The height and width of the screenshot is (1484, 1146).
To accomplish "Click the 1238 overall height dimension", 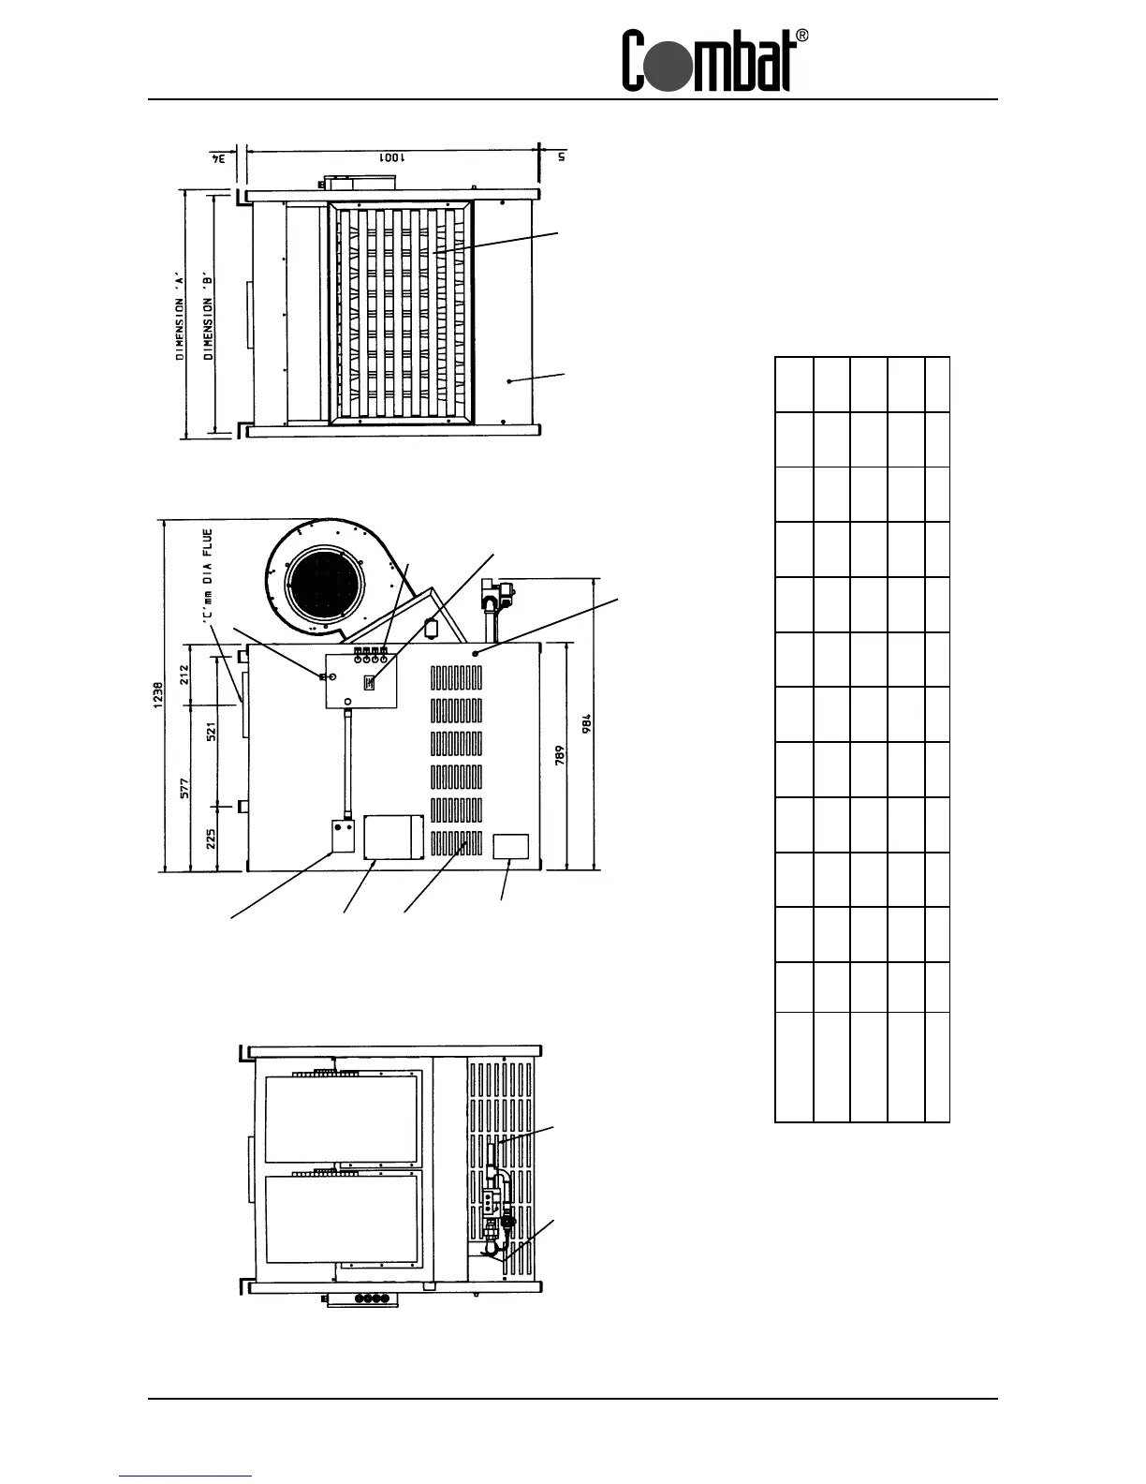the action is click(159, 694).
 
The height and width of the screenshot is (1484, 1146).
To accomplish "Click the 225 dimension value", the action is click(211, 837).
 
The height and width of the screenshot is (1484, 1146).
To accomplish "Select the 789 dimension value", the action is click(558, 755).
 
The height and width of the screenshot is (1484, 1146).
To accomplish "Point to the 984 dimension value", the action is click(587, 724).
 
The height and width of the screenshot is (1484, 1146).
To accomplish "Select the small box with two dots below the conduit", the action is click(342, 836).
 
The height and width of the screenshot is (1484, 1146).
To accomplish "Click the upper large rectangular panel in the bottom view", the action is click(341, 1118).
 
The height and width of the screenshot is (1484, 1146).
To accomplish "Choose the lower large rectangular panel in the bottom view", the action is click(341, 1219).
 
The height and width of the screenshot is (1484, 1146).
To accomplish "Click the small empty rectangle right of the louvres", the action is click(511, 846).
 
